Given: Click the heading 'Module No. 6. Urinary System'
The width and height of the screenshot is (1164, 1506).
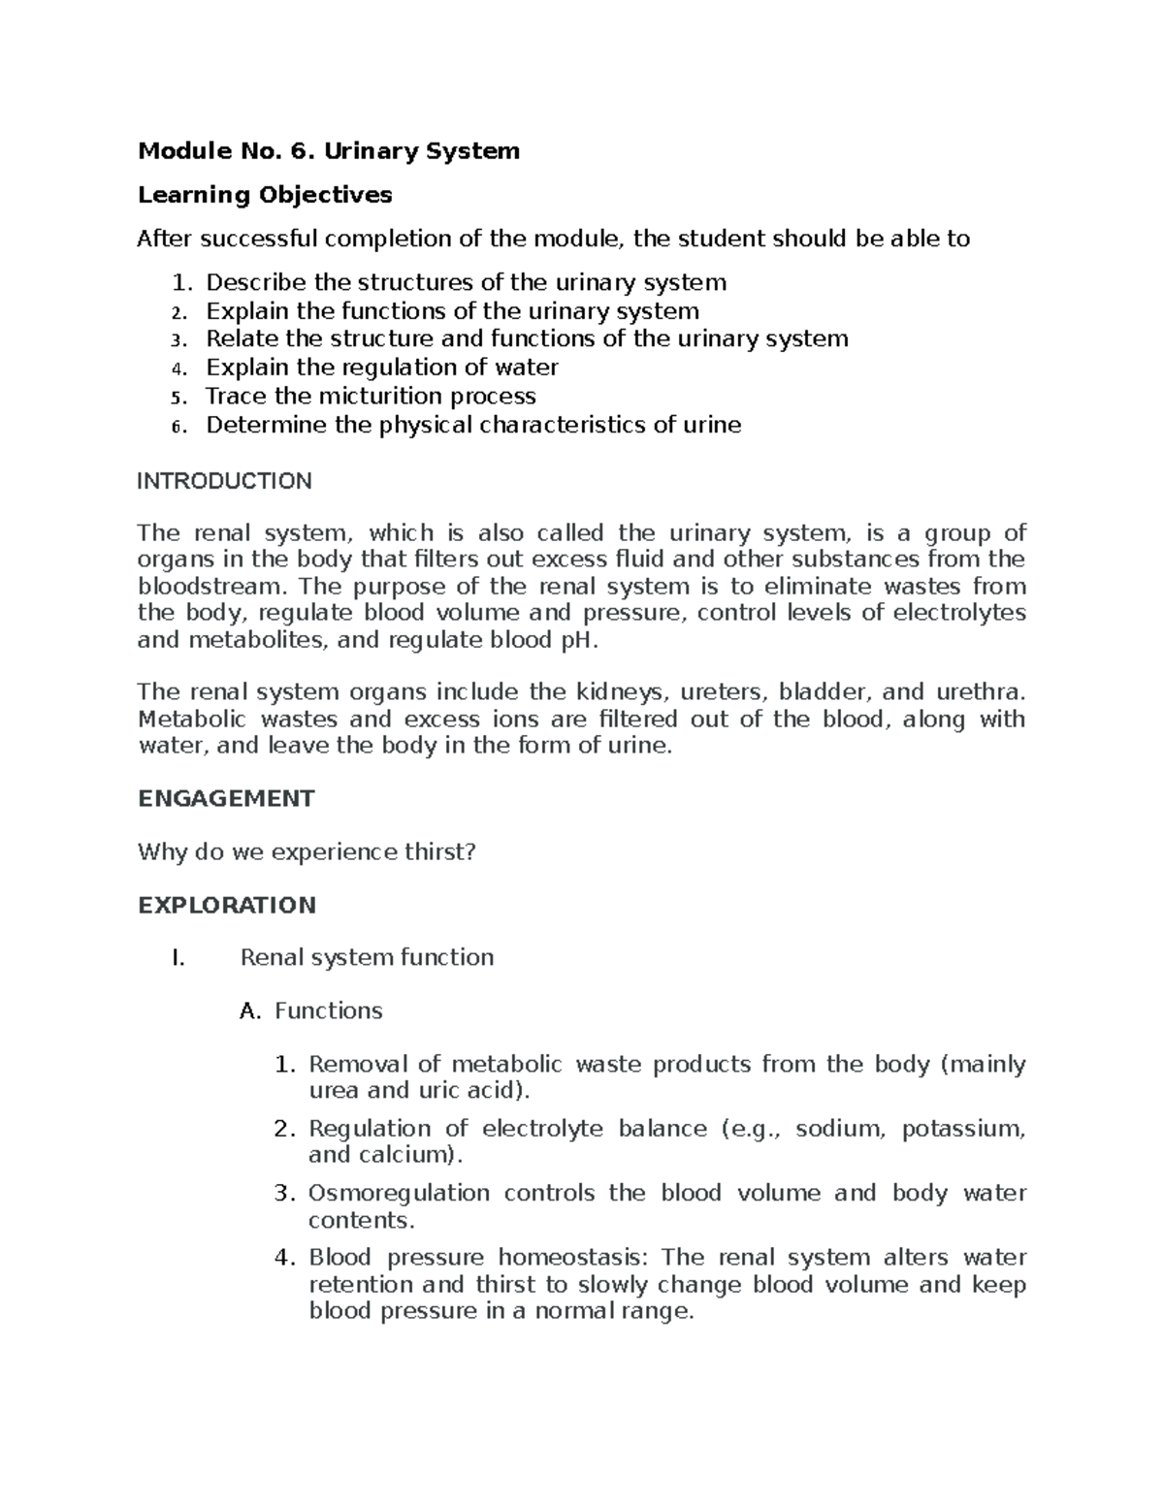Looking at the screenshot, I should point(329,151).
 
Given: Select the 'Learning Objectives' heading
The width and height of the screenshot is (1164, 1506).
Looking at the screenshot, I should point(265,195).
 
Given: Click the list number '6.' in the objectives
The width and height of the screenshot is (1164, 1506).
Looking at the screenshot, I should point(177,427).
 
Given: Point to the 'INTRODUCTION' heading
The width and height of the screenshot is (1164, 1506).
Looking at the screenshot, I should point(224,481).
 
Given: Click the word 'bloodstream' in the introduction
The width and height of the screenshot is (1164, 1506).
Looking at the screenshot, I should point(211,587).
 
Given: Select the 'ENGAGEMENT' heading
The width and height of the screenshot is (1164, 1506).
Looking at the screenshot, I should point(226,798).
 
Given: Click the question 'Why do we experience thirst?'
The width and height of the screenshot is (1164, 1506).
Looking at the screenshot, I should point(307,852).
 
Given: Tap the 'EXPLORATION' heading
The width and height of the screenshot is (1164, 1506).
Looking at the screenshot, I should point(227,906).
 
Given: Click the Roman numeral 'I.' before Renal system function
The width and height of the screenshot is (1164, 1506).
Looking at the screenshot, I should point(177,958).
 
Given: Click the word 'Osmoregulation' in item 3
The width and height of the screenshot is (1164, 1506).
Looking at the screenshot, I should point(399,1194).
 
